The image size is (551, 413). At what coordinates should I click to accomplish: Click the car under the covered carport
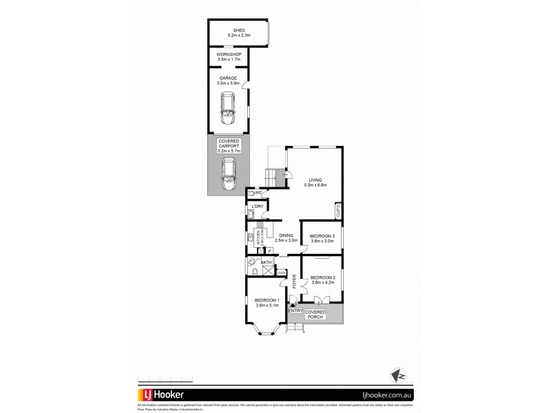(229, 175)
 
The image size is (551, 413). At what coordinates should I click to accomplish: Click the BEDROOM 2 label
(322, 278)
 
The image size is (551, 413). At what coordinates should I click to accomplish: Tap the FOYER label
(294, 281)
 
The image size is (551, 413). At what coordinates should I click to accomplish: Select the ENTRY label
(295, 311)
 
